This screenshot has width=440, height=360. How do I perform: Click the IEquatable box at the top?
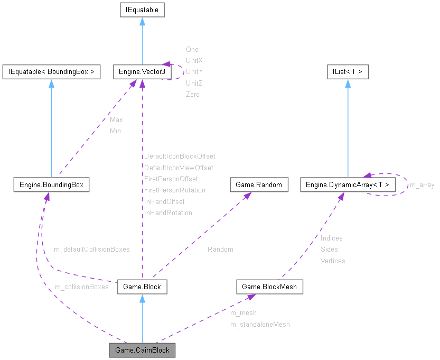click(142, 10)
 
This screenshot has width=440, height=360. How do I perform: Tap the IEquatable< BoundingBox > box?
click(51, 72)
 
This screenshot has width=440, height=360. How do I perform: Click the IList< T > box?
click(347, 72)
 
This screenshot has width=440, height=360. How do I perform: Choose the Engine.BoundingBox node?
click(51, 184)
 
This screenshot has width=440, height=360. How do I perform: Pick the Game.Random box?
click(259, 184)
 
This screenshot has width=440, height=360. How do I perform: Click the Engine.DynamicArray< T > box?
click(347, 184)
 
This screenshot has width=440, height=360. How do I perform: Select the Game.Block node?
click(142, 287)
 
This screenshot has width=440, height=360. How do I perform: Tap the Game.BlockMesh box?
click(269, 287)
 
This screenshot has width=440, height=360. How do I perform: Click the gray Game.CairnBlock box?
click(142, 350)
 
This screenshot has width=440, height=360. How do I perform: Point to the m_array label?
click(422, 185)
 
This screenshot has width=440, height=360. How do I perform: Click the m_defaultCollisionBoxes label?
click(91, 248)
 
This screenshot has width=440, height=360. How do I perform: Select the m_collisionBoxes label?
click(81, 287)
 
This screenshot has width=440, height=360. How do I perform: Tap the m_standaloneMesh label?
click(260, 324)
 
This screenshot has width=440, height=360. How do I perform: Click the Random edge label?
click(220, 249)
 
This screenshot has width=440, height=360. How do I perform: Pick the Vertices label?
click(333, 261)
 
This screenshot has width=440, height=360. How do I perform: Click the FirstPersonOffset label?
click(171, 179)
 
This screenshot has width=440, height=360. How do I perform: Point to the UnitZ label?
click(194, 83)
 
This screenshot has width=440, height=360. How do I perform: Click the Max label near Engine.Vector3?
click(116, 120)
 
